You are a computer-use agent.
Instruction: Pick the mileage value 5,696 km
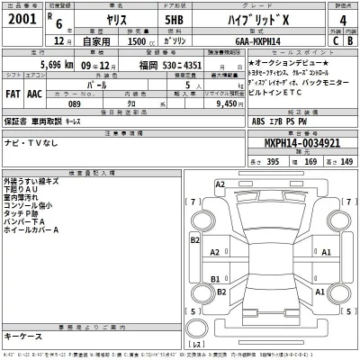click(x=40, y=66)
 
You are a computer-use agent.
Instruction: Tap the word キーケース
click(x=24, y=336)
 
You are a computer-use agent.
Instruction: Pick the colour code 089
click(x=76, y=103)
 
